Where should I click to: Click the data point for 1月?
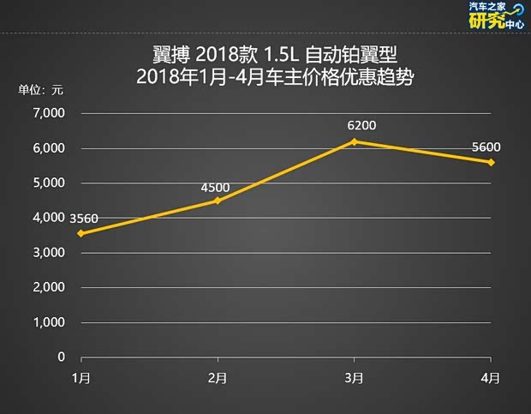[x=81, y=233]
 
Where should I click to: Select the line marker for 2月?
[x=218, y=201]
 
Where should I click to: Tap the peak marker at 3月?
[x=355, y=141]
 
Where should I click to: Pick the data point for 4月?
[x=491, y=162]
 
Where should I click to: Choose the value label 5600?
[x=486, y=146]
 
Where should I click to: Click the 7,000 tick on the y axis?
[x=49, y=113]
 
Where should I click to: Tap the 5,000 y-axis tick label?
[x=49, y=183]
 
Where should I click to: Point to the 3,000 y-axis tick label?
[x=49, y=253]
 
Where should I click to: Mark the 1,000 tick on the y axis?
[x=49, y=322]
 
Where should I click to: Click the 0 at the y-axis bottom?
[x=61, y=357]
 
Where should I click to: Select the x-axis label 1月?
[x=81, y=377]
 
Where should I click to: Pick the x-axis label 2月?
[x=218, y=377]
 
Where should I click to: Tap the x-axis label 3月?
[x=355, y=377]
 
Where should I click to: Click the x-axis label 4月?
[x=491, y=377]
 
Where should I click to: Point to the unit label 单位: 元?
[x=40, y=89]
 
